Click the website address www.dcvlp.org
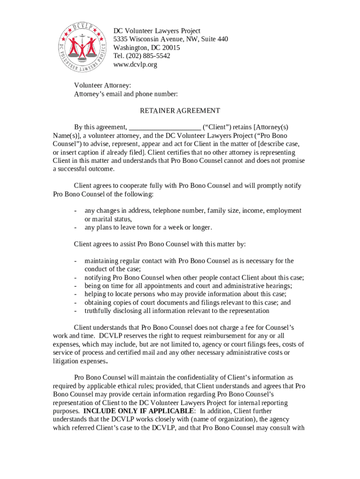135,65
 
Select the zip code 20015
171,48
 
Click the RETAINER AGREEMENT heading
180,111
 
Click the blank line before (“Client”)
165,127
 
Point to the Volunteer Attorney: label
102,86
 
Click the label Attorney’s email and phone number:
126,94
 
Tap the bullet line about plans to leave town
148,228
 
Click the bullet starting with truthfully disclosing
177,311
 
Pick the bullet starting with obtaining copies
187,303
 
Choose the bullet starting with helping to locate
185,294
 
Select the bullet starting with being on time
188,286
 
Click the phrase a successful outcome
83,169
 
